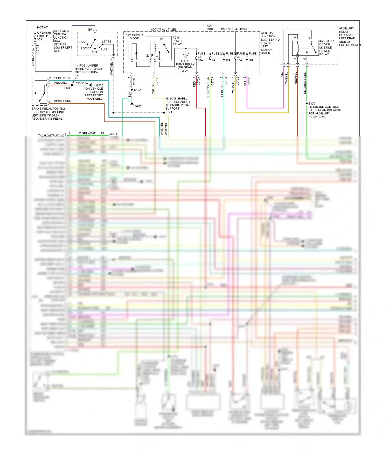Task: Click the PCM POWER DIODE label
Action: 134,37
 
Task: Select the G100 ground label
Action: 138,106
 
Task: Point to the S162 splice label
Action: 137,90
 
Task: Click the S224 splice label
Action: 169,112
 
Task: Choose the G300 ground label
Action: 99,85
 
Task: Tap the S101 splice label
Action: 67,88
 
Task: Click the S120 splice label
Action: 312,103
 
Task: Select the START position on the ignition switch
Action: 106,41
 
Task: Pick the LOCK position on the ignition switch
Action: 85,48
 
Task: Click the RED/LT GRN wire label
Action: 62,101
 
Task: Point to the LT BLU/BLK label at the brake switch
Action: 62,78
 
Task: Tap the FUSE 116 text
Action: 44,36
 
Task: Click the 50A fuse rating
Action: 251,60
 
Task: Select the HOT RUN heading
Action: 210,27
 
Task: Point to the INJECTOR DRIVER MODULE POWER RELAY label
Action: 326,48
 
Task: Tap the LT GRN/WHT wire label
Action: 86,133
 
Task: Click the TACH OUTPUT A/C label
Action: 51,135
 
